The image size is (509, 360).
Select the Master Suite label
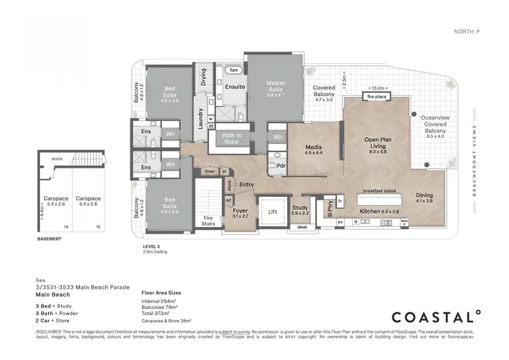click(276, 87)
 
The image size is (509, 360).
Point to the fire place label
click(377, 97)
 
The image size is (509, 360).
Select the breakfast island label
click(380, 190)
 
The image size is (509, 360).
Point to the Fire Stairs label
click(209, 221)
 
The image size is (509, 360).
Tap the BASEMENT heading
click(52, 239)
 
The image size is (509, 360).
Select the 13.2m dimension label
click(377, 88)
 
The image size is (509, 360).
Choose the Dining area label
click(424, 198)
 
